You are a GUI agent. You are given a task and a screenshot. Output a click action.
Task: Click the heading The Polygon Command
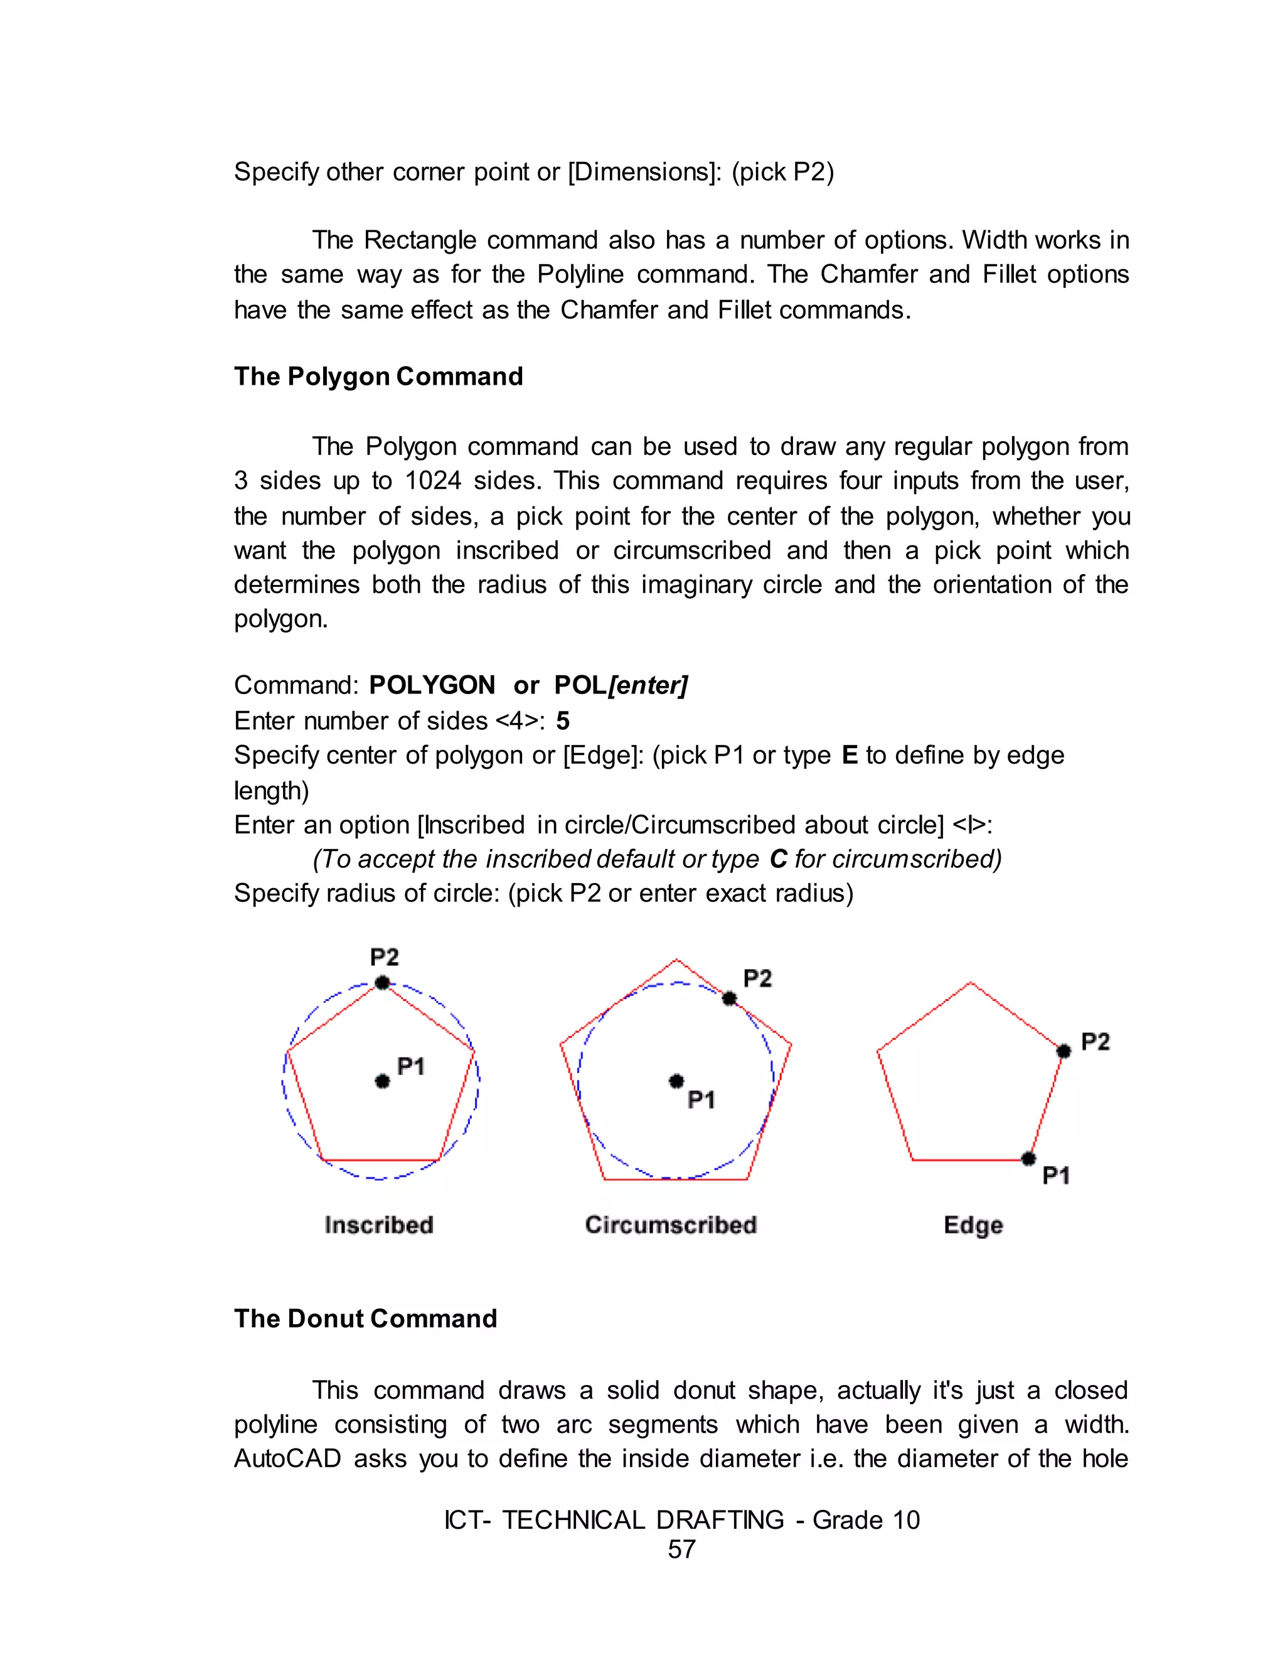(x=378, y=377)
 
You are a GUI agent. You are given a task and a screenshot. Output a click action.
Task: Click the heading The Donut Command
(x=366, y=1319)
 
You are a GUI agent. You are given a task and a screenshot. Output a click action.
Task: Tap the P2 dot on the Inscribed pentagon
(x=383, y=983)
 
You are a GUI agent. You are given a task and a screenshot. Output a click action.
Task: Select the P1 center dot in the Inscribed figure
(x=383, y=1081)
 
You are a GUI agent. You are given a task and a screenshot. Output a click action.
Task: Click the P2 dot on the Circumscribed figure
(x=729, y=998)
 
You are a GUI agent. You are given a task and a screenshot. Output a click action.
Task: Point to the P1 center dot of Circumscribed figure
(x=676, y=1081)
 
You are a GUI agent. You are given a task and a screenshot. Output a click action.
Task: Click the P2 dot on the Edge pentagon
(x=1063, y=1051)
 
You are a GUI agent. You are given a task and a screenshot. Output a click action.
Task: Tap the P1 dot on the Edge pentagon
(x=1029, y=1159)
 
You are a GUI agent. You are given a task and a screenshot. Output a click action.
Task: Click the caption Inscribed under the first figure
(x=378, y=1224)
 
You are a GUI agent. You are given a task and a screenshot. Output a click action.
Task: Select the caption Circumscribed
(x=671, y=1224)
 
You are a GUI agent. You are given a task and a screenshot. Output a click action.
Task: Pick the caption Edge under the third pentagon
(x=973, y=1225)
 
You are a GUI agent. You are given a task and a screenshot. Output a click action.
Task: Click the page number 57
(x=681, y=1549)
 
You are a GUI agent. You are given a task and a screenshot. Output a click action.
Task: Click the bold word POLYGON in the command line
(x=432, y=685)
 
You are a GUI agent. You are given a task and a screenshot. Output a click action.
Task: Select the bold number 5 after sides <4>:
(x=563, y=720)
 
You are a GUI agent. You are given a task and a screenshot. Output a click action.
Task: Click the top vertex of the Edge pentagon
(x=971, y=983)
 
